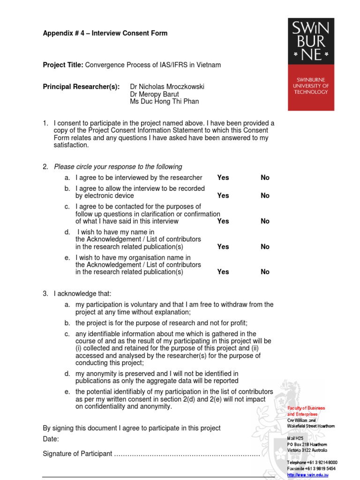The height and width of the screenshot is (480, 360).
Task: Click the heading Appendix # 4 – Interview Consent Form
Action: [x=105, y=33]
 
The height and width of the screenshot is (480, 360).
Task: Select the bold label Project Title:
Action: [x=63, y=65]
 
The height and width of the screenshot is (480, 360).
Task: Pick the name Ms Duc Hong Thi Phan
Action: [x=164, y=102]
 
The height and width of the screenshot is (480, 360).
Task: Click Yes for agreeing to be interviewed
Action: [x=223, y=178]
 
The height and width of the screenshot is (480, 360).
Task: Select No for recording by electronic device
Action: [x=265, y=196]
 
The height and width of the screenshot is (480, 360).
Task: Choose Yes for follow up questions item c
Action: [x=223, y=221]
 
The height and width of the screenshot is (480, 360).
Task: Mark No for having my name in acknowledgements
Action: [x=265, y=247]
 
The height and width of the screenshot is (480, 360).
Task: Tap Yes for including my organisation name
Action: [x=223, y=272]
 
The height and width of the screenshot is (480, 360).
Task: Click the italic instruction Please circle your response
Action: [x=118, y=167]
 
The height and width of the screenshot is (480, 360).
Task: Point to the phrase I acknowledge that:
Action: [x=82, y=294]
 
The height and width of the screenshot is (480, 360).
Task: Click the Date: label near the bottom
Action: [x=51, y=439]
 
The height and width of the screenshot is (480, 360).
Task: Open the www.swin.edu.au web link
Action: [x=308, y=475]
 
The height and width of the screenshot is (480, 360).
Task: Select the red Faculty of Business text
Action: [x=306, y=408]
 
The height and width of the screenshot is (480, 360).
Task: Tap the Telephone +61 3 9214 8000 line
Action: [x=312, y=463]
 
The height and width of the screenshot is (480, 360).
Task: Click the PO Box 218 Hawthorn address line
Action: [x=307, y=444]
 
